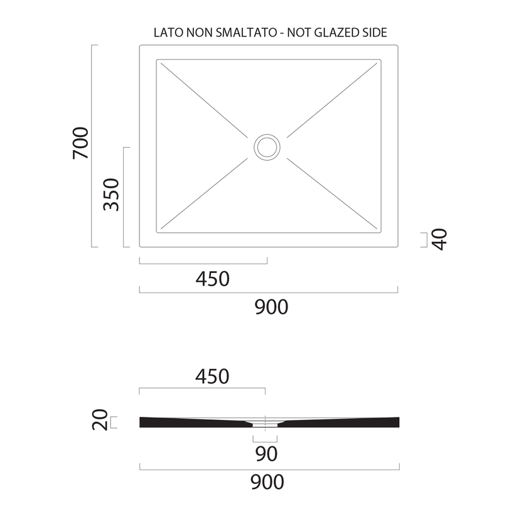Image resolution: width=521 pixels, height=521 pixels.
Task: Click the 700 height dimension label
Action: [81, 143]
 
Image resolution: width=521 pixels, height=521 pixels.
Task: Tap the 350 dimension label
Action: [111, 195]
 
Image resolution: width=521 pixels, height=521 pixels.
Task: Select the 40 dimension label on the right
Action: [439, 239]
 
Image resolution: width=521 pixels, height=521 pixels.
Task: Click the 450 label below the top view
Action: [212, 279]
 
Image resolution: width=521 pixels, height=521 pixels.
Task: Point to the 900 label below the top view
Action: [271, 308]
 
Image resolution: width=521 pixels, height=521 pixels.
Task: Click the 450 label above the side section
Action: [212, 377]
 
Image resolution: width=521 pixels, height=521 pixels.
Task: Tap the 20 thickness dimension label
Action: [100, 420]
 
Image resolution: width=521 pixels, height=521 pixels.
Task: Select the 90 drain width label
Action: [266, 454]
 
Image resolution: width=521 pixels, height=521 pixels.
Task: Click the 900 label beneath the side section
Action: [267, 483]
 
